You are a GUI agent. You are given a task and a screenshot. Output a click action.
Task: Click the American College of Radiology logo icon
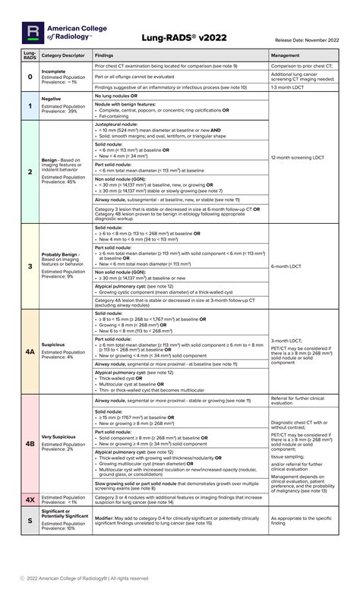pyautogui.click(x=33, y=31)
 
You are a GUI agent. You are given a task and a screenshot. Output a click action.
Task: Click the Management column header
pyautogui.click(x=285, y=55)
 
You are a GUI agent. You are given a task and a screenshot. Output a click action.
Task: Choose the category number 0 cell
pyautogui.click(x=30, y=77)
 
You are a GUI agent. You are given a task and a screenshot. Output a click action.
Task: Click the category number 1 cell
pyautogui.click(x=30, y=107)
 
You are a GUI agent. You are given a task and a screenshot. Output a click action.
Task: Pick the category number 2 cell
pyautogui.click(x=30, y=172)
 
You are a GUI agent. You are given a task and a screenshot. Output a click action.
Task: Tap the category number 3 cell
pyautogui.click(x=30, y=266)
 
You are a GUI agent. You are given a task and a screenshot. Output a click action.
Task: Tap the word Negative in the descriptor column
pyautogui.click(x=52, y=99)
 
